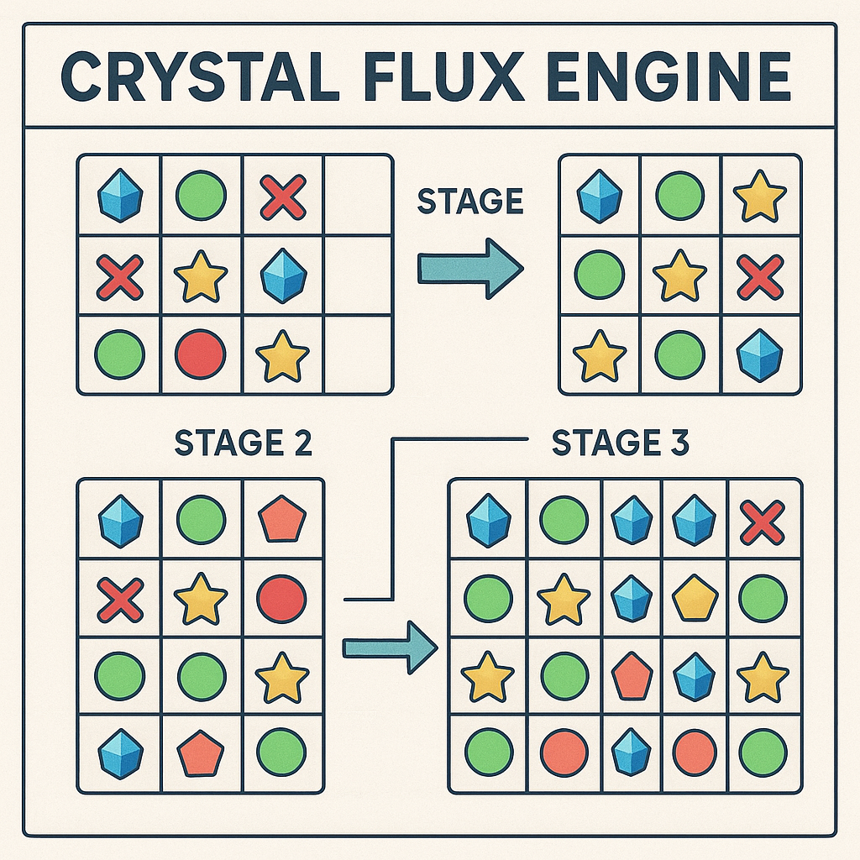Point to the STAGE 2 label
coord(243,443)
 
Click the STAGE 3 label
coord(620,443)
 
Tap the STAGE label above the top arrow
coord(469,202)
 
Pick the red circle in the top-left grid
coord(200,354)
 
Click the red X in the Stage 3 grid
coord(763,522)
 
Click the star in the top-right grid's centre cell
coord(680,276)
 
